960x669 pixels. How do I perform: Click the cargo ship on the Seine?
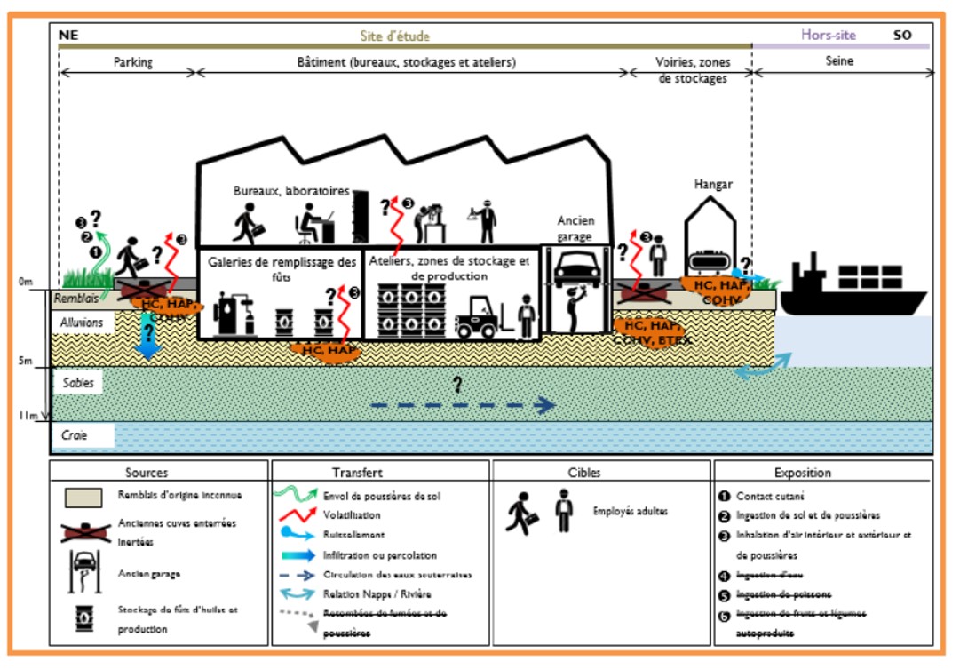[x=853, y=289]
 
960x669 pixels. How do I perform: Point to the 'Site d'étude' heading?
[x=395, y=36]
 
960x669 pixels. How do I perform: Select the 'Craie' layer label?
[x=75, y=435]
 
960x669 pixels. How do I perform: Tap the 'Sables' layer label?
[x=77, y=382]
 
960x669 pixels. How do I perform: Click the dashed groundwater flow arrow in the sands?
[x=462, y=406]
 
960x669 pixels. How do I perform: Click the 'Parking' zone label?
[x=133, y=63]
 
